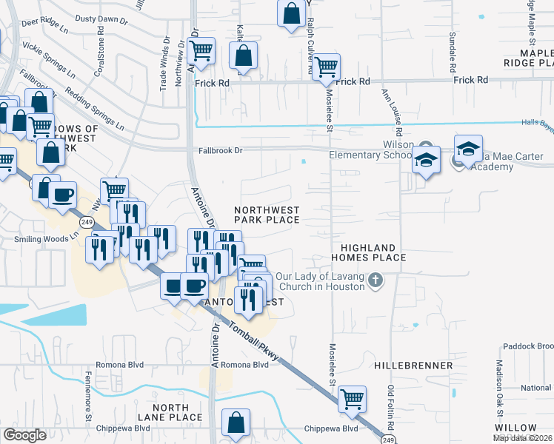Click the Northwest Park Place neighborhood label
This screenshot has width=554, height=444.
(x=267, y=215)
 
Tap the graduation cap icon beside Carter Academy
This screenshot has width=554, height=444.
(x=468, y=150)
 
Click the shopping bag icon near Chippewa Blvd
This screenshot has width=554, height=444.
(x=236, y=424)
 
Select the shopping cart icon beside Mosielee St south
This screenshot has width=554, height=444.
(x=353, y=400)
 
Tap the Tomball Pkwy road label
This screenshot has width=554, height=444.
(x=254, y=343)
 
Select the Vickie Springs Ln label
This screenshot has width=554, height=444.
(x=49, y=65)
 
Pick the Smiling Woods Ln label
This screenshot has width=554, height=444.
(x=46, y=240)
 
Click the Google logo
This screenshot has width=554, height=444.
(x=24, y=434)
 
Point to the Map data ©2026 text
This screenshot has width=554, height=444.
(x=523, y=438)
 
